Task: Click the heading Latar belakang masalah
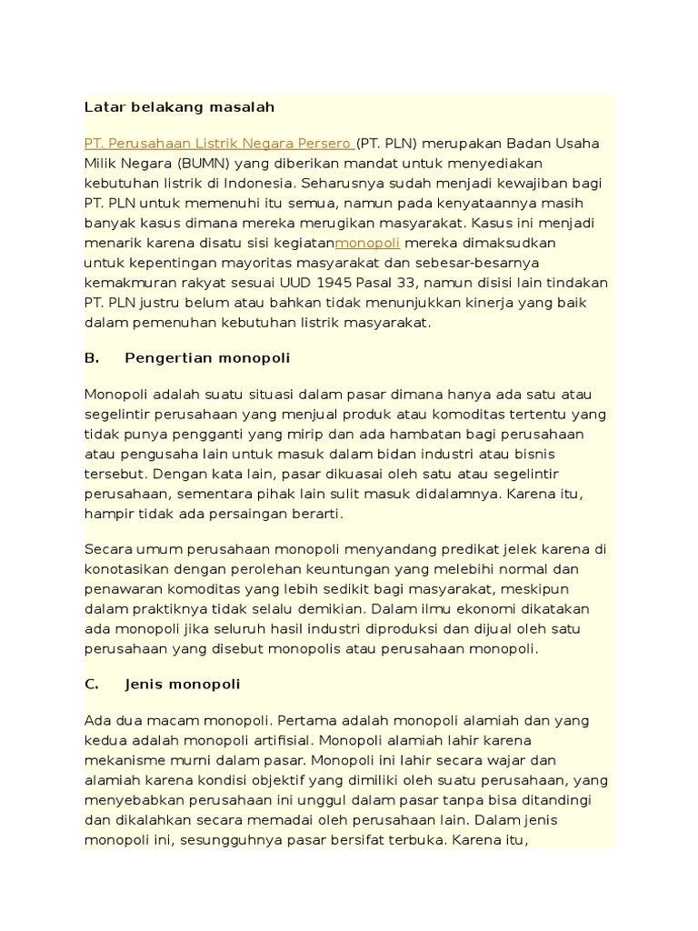179,107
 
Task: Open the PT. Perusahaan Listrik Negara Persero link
218,144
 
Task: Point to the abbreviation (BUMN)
204,163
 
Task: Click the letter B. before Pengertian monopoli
92,358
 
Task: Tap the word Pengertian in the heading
165,358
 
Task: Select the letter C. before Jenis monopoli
92,683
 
